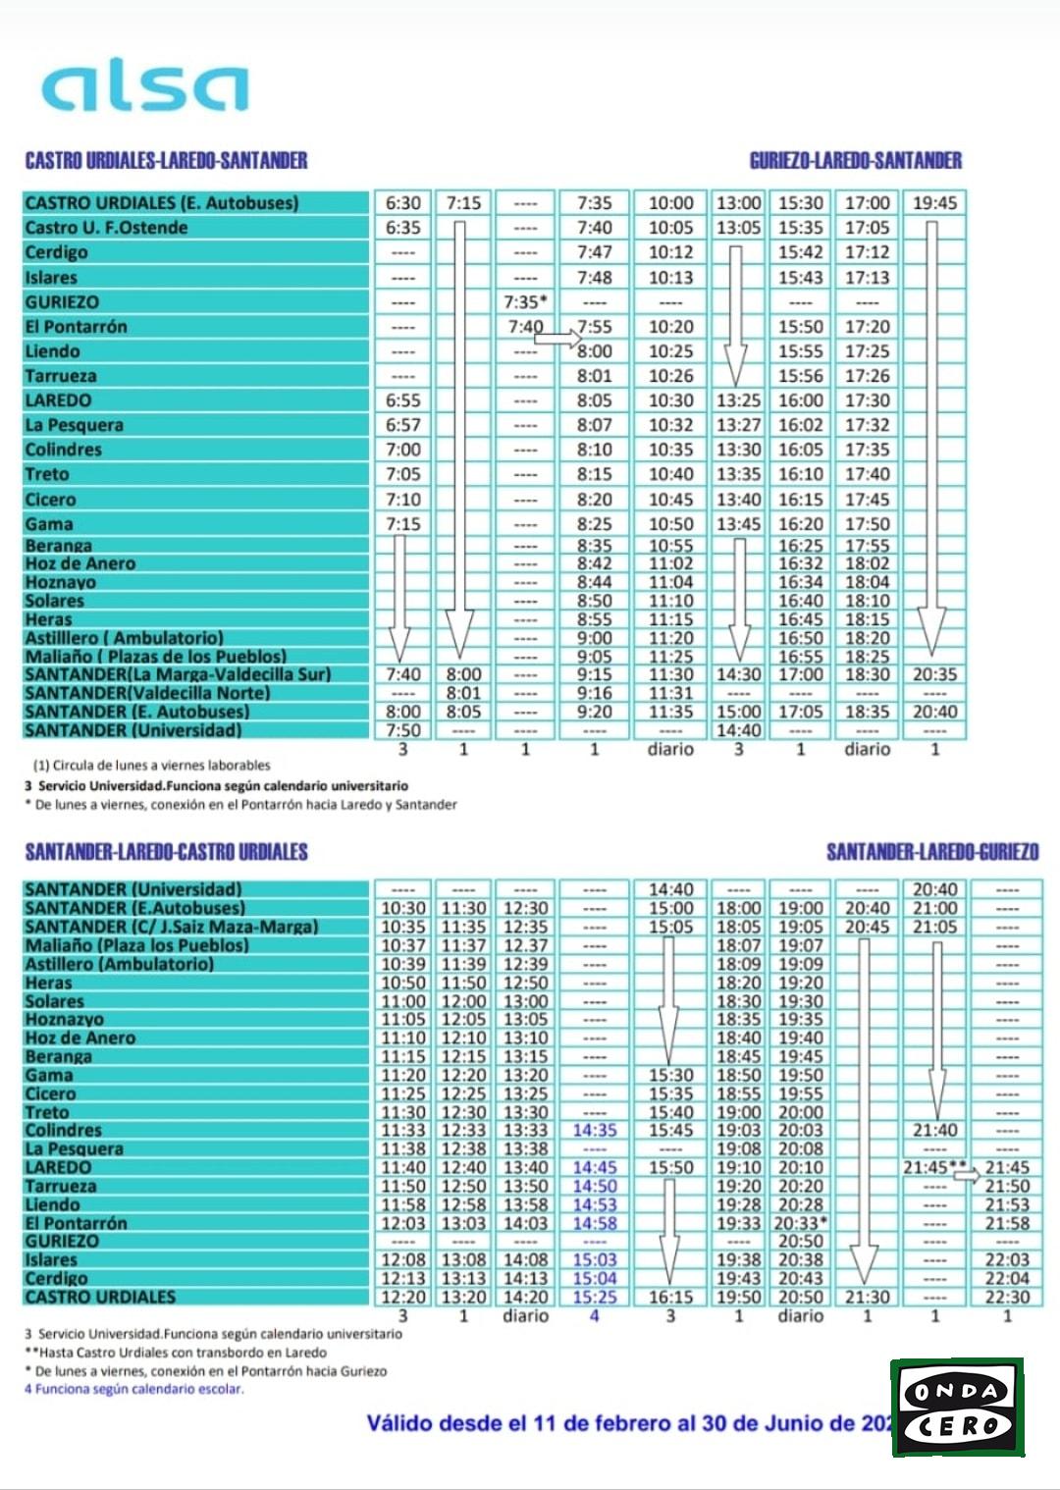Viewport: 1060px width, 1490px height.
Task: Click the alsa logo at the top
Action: pos(145,87)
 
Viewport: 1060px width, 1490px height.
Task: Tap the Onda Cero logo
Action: pos(957,1407)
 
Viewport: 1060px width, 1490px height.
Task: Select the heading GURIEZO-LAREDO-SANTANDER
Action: pos(855,161)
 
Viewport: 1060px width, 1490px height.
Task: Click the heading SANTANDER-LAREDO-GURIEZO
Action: pos(931,852)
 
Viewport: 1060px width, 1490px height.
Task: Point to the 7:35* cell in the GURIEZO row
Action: pos(525,302)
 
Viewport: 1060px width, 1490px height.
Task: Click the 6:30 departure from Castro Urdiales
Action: pos(402,203)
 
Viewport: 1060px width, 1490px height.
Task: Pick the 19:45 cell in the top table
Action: pos(934,203)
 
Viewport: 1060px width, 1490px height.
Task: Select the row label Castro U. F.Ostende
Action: pos(106,228)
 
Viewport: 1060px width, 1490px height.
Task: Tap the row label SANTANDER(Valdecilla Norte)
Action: pos(147,693)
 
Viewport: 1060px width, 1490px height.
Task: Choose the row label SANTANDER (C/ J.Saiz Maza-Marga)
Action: pos(171,927)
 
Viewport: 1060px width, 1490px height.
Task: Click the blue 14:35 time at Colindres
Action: pos(595,1131)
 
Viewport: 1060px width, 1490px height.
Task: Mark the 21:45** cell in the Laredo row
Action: pos(934,1168)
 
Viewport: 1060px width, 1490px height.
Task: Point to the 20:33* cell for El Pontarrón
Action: pos(801,1223)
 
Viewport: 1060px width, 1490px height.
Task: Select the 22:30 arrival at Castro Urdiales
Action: pos(1007,1297)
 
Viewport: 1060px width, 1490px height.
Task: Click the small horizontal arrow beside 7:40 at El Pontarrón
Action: pos(559,340)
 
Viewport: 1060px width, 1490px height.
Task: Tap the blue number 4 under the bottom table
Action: pos(594,1315)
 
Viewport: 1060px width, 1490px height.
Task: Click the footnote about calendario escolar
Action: pos(133,1389)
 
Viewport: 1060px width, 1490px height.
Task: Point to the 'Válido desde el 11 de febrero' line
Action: pos(628,1423)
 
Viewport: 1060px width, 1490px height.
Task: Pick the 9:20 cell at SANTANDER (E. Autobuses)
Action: pos(594,712)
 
